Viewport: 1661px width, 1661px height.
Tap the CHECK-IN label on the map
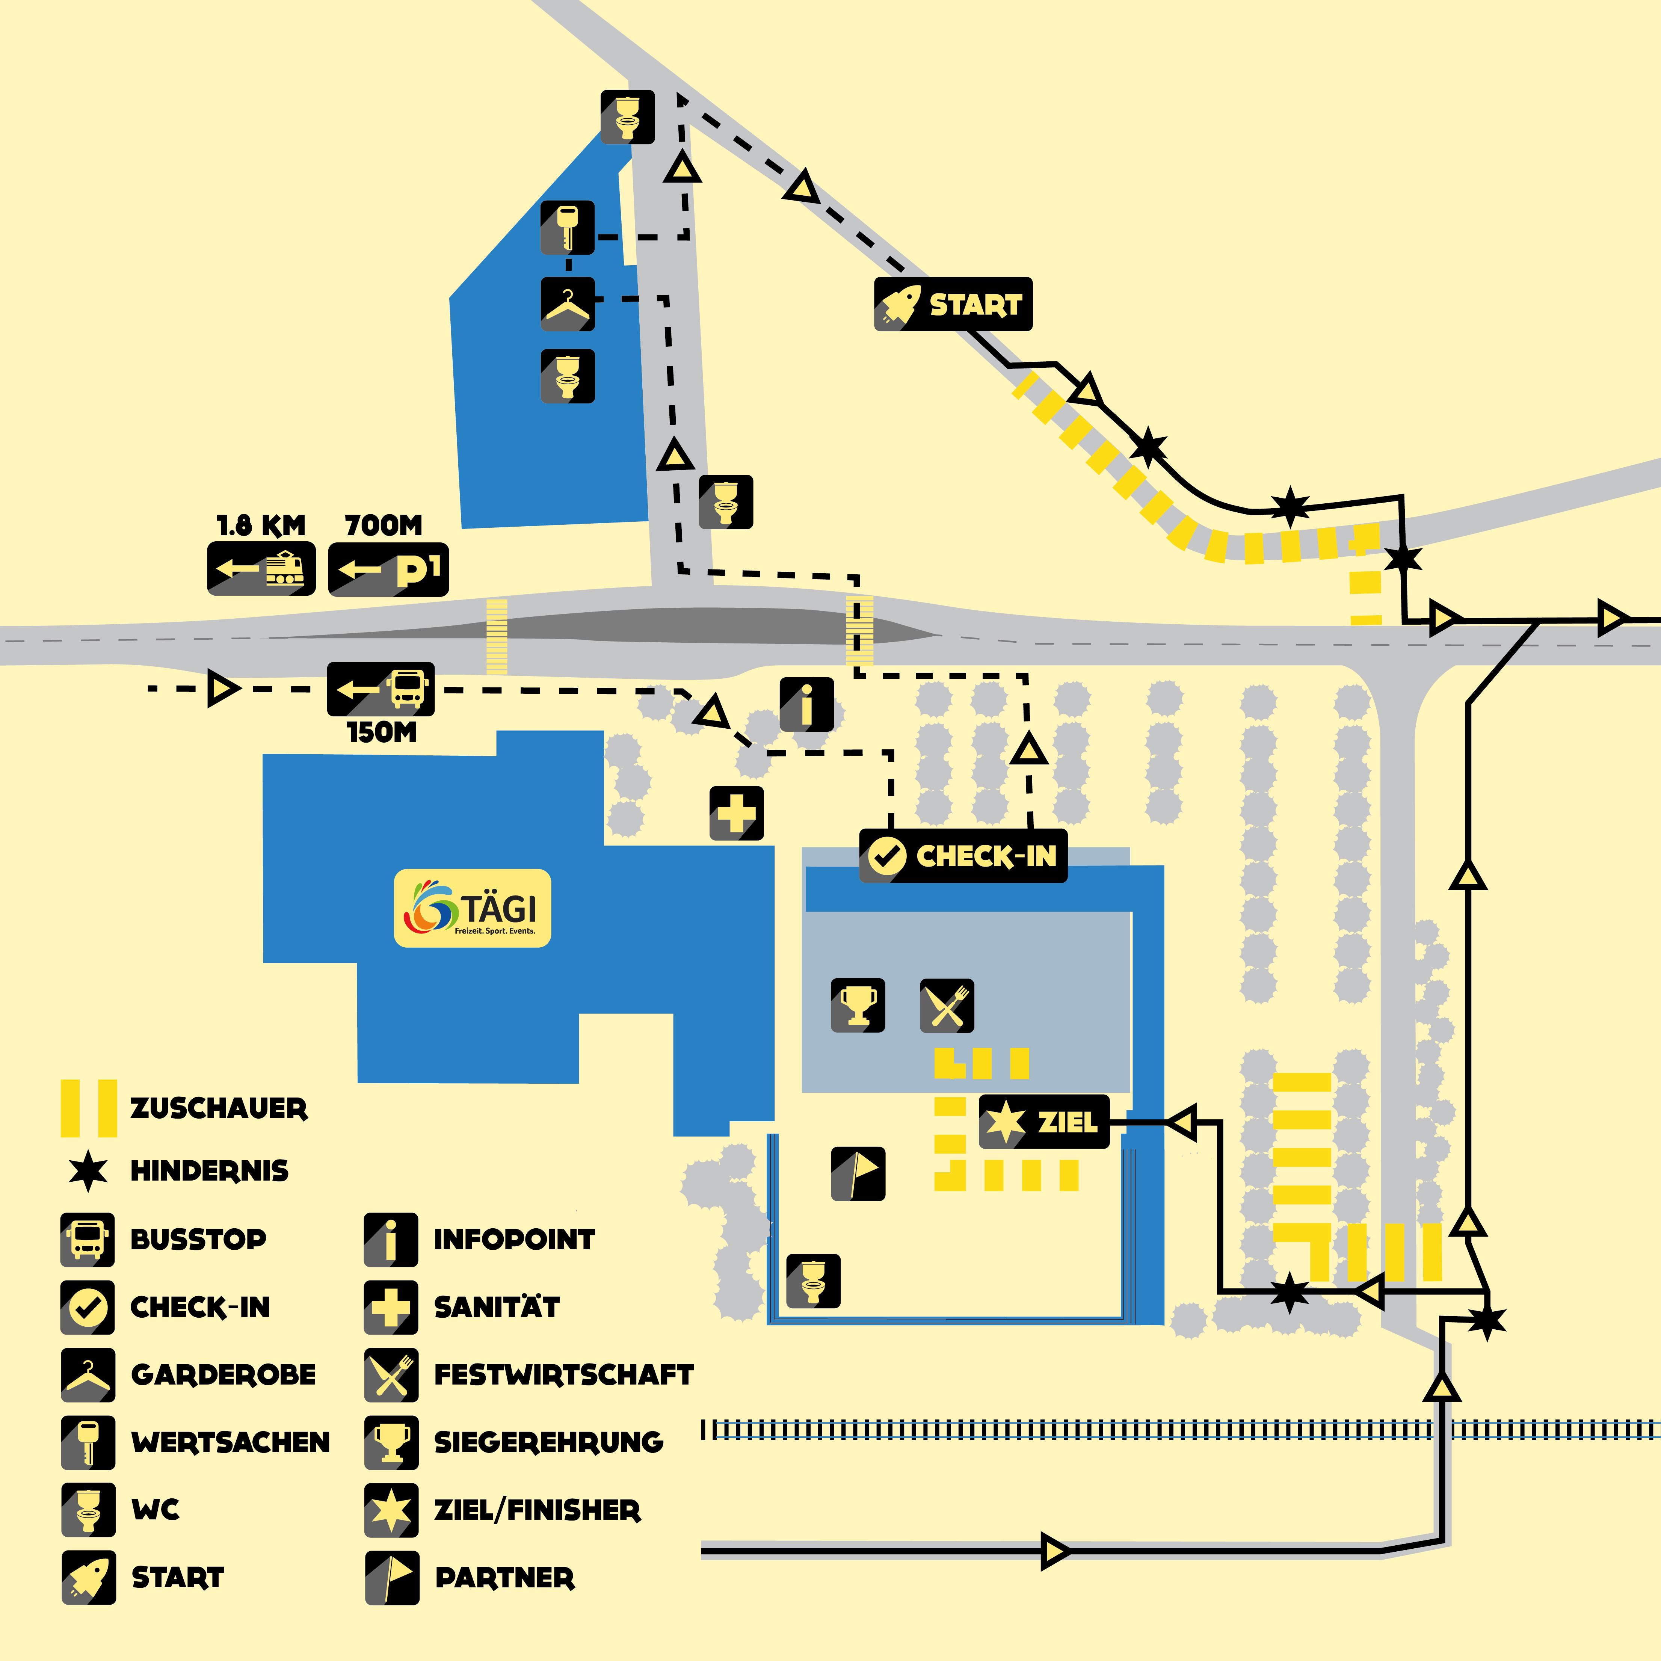pos(963,856)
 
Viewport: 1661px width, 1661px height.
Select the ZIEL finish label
pos(1044,1122)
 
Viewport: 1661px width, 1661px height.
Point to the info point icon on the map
pos(806,705)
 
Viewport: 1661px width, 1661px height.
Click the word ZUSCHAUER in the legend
pos(218,1108)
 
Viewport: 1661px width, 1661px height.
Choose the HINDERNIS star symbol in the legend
pos(88,1170)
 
